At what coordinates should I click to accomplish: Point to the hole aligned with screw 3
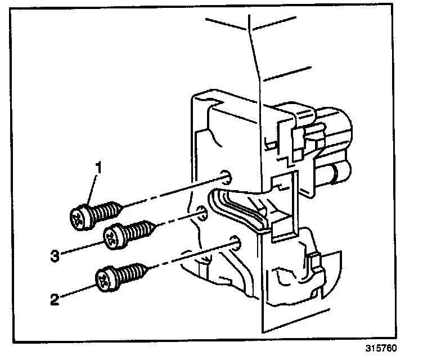202,213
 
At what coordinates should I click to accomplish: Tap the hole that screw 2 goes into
236,243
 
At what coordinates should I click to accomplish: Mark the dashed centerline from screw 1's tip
169,191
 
